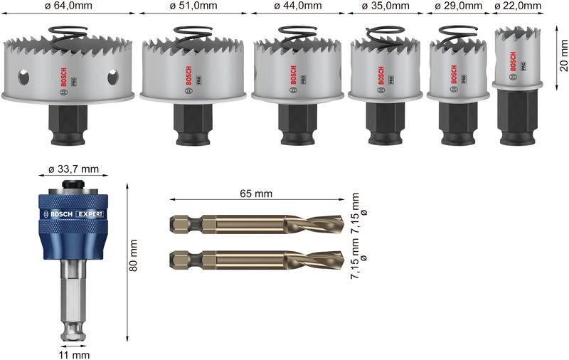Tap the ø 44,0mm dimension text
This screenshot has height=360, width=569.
click(299, 6)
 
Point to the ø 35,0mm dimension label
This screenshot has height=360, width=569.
click(385, 6)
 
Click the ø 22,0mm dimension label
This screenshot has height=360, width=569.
click(518, 6)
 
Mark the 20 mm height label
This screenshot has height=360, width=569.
click(563, 56)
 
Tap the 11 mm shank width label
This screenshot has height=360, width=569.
click(74, 354)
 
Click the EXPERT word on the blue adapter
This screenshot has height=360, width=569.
click(89, 214)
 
